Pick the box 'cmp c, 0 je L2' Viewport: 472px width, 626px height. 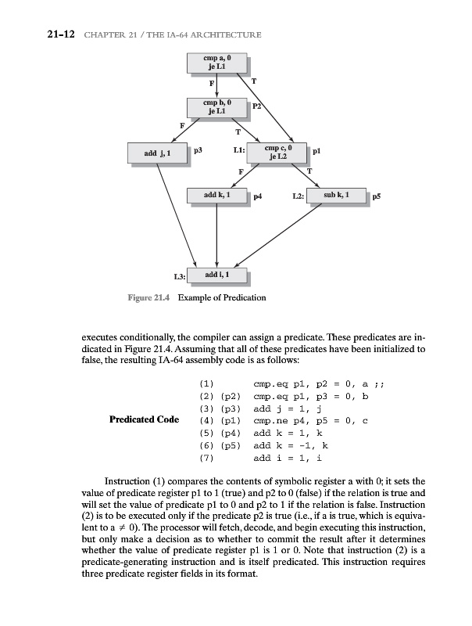(279, 153)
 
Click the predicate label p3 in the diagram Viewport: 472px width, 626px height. (198, 149)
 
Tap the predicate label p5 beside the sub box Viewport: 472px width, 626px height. (377, 198)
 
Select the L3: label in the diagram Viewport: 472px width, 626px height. (179, 278)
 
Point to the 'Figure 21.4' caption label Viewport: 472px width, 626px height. (148, 298)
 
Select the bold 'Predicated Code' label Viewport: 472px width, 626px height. (146, 419)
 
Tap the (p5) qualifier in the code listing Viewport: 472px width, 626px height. (232, 444)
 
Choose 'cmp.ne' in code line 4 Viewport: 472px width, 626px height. (267, 419)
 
